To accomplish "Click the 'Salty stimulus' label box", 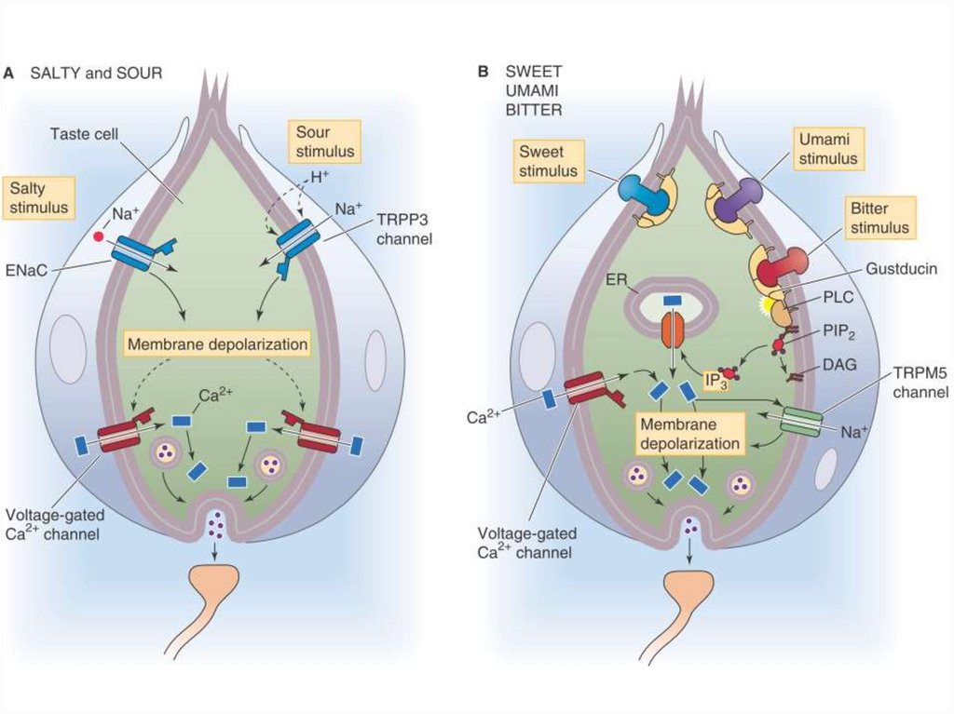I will coord(40,197).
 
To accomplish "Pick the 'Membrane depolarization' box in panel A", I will coord(218,344).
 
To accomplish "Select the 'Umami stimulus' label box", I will coord(827,148).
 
